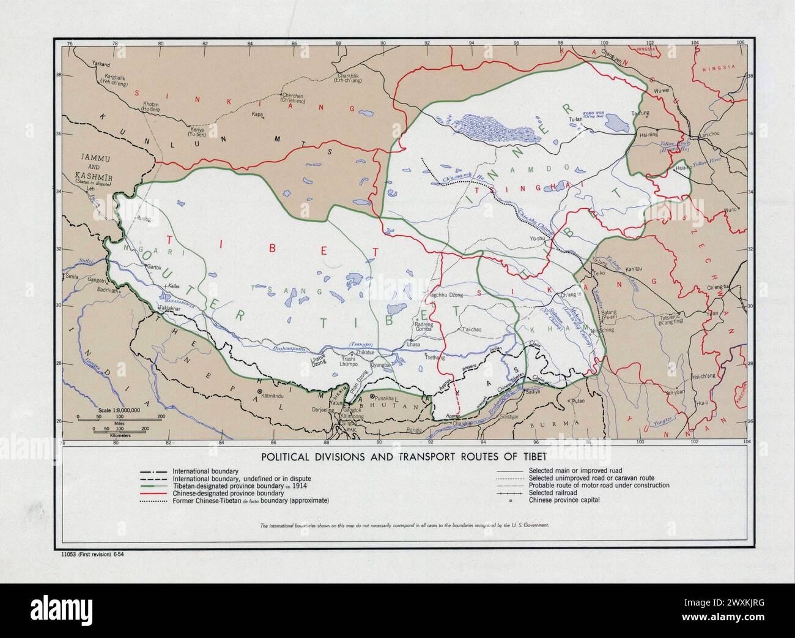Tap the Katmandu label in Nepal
click(273, 396)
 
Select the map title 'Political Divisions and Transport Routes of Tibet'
click(401, 456)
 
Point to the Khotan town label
click(150, 107)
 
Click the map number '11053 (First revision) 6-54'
click(93, 554)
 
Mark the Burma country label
click(554, 424)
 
